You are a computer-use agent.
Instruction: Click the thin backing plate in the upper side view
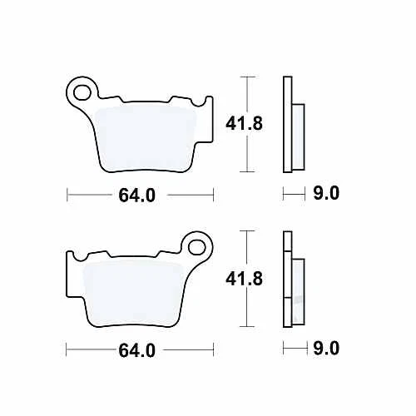click(x=288, y=125)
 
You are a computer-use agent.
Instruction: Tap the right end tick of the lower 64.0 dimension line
click(x=214, y=350)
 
